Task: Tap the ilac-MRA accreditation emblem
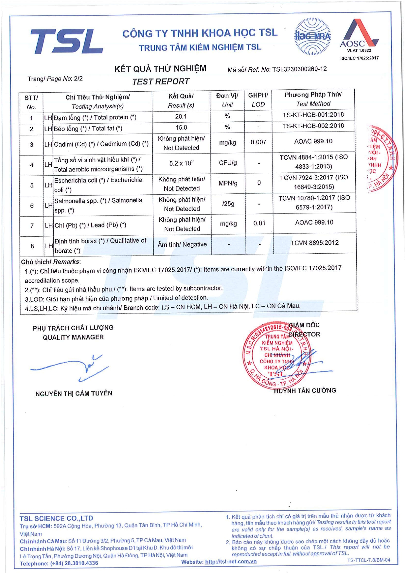point(312,37)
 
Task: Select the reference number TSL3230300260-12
point(299,69)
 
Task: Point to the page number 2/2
point(78,79)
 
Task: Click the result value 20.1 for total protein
point(181,117)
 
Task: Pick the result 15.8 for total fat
point(181,128)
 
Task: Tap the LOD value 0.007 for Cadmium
point(258,142)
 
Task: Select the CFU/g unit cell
point(228,163)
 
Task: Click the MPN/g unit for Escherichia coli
point(228,183)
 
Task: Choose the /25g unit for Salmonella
point(228,204)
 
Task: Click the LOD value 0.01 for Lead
point(259,223)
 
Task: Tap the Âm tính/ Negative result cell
point(182,244)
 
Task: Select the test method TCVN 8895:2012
point(314,243)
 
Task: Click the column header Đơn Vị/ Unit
point(227,100)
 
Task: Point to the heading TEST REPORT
point(161,81)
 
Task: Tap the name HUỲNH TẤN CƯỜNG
point(305,390)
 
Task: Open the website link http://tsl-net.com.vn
point(231,562)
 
